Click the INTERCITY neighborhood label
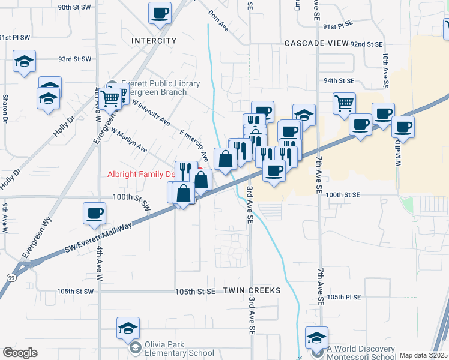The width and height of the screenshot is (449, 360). click(x=154, y=41)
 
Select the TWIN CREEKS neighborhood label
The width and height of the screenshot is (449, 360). click(x=252, y=290)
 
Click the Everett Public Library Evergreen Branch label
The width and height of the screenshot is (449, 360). click(x=160, y=88)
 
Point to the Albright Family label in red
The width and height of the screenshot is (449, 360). click(x=141, y=175)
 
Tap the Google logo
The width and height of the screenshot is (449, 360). click(x=20, y=352)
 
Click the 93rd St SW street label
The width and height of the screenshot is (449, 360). click(x=74, y=59)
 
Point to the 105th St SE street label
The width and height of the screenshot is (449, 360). click(x=195, y=291)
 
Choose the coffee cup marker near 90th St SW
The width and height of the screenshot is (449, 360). click(x=160, y=13)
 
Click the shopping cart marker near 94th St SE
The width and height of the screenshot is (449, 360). click(x=345, y=103)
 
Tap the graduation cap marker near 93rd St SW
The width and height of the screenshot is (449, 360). click(x=24, y=61)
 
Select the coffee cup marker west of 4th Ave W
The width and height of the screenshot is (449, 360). click(x=95, y=213)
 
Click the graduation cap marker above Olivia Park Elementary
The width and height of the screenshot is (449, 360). click(x=128, y=328)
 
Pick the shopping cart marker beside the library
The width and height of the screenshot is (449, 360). click(x=110, y=98)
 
